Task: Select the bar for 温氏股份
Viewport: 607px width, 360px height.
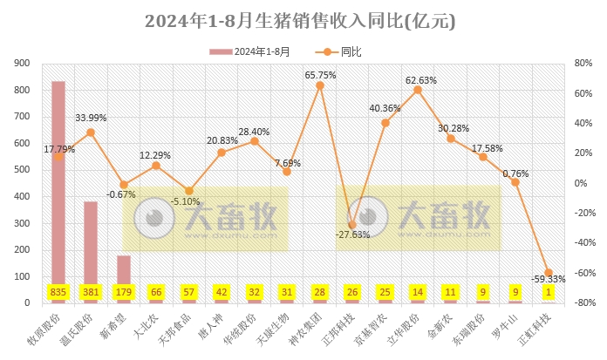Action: tap(91, 248)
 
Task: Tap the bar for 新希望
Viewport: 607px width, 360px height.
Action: tap(124, 275)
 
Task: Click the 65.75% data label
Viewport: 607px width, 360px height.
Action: tap(320, 75)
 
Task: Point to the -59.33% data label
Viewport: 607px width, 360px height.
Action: tap(549, 279)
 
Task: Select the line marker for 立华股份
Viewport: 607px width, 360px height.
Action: tap(418, 90)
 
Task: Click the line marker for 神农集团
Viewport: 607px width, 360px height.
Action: tap(320, 85)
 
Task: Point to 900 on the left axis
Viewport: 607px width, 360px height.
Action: tap(22, 64)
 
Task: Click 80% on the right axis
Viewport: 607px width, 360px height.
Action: tap(584, 64)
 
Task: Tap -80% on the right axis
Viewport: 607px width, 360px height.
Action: tap(583, 302)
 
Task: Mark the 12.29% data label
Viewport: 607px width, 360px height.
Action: tap(156, 155)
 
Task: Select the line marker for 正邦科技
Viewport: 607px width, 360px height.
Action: tap(352, 225)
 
